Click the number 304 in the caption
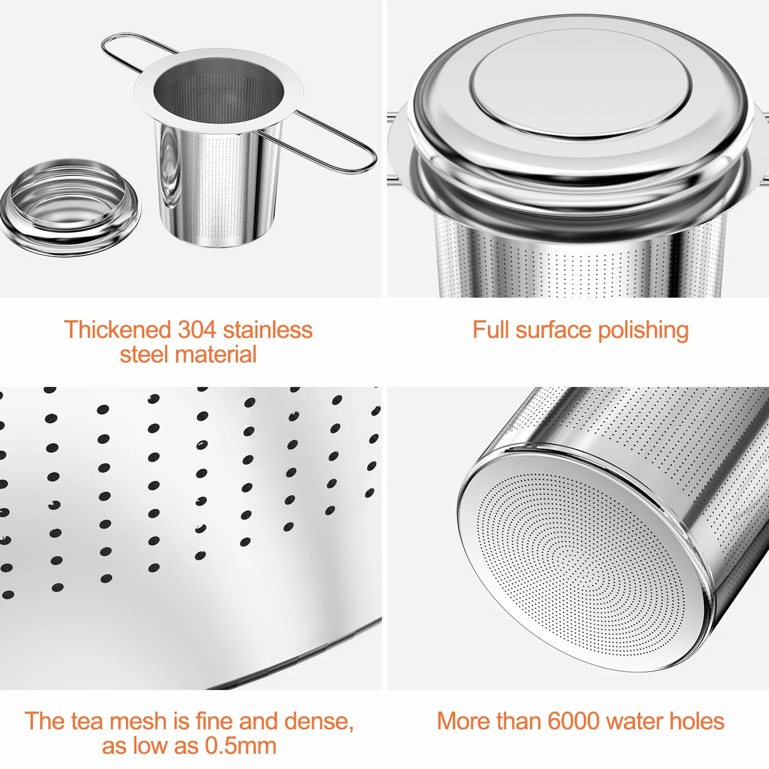coord(197,330)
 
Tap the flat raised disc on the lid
coord(581,82)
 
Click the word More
coord(463,721)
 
